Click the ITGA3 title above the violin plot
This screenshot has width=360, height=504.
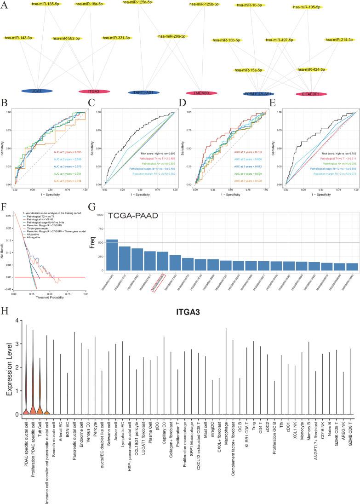[189, 312]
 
